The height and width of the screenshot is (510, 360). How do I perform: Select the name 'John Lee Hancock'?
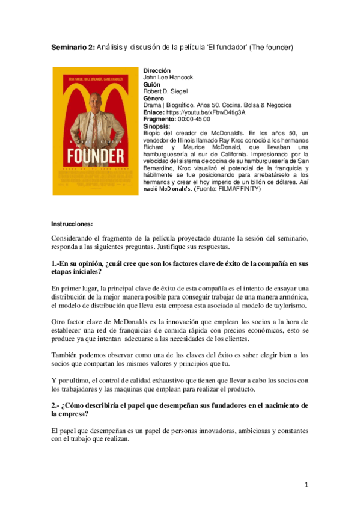[x=169, y=78]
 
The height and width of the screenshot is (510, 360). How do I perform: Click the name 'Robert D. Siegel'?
[x=166, y=91]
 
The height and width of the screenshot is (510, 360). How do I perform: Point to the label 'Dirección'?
[x=157, y=71]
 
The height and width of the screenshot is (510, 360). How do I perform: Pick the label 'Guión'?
[x=152, y=85]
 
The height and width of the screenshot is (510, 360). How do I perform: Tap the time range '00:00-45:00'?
[x=194, y=119]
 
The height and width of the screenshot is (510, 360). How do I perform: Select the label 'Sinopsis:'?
[x=157, y=126]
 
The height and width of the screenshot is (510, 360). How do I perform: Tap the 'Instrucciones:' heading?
[x=72, y=224]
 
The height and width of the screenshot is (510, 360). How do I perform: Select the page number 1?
[x=306, y=485]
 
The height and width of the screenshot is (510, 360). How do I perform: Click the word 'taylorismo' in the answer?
[x=285, y=306]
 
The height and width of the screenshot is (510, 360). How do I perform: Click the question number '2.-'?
[x=57, y=405]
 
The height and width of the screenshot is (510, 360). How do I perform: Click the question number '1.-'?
[x=57, y=263]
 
